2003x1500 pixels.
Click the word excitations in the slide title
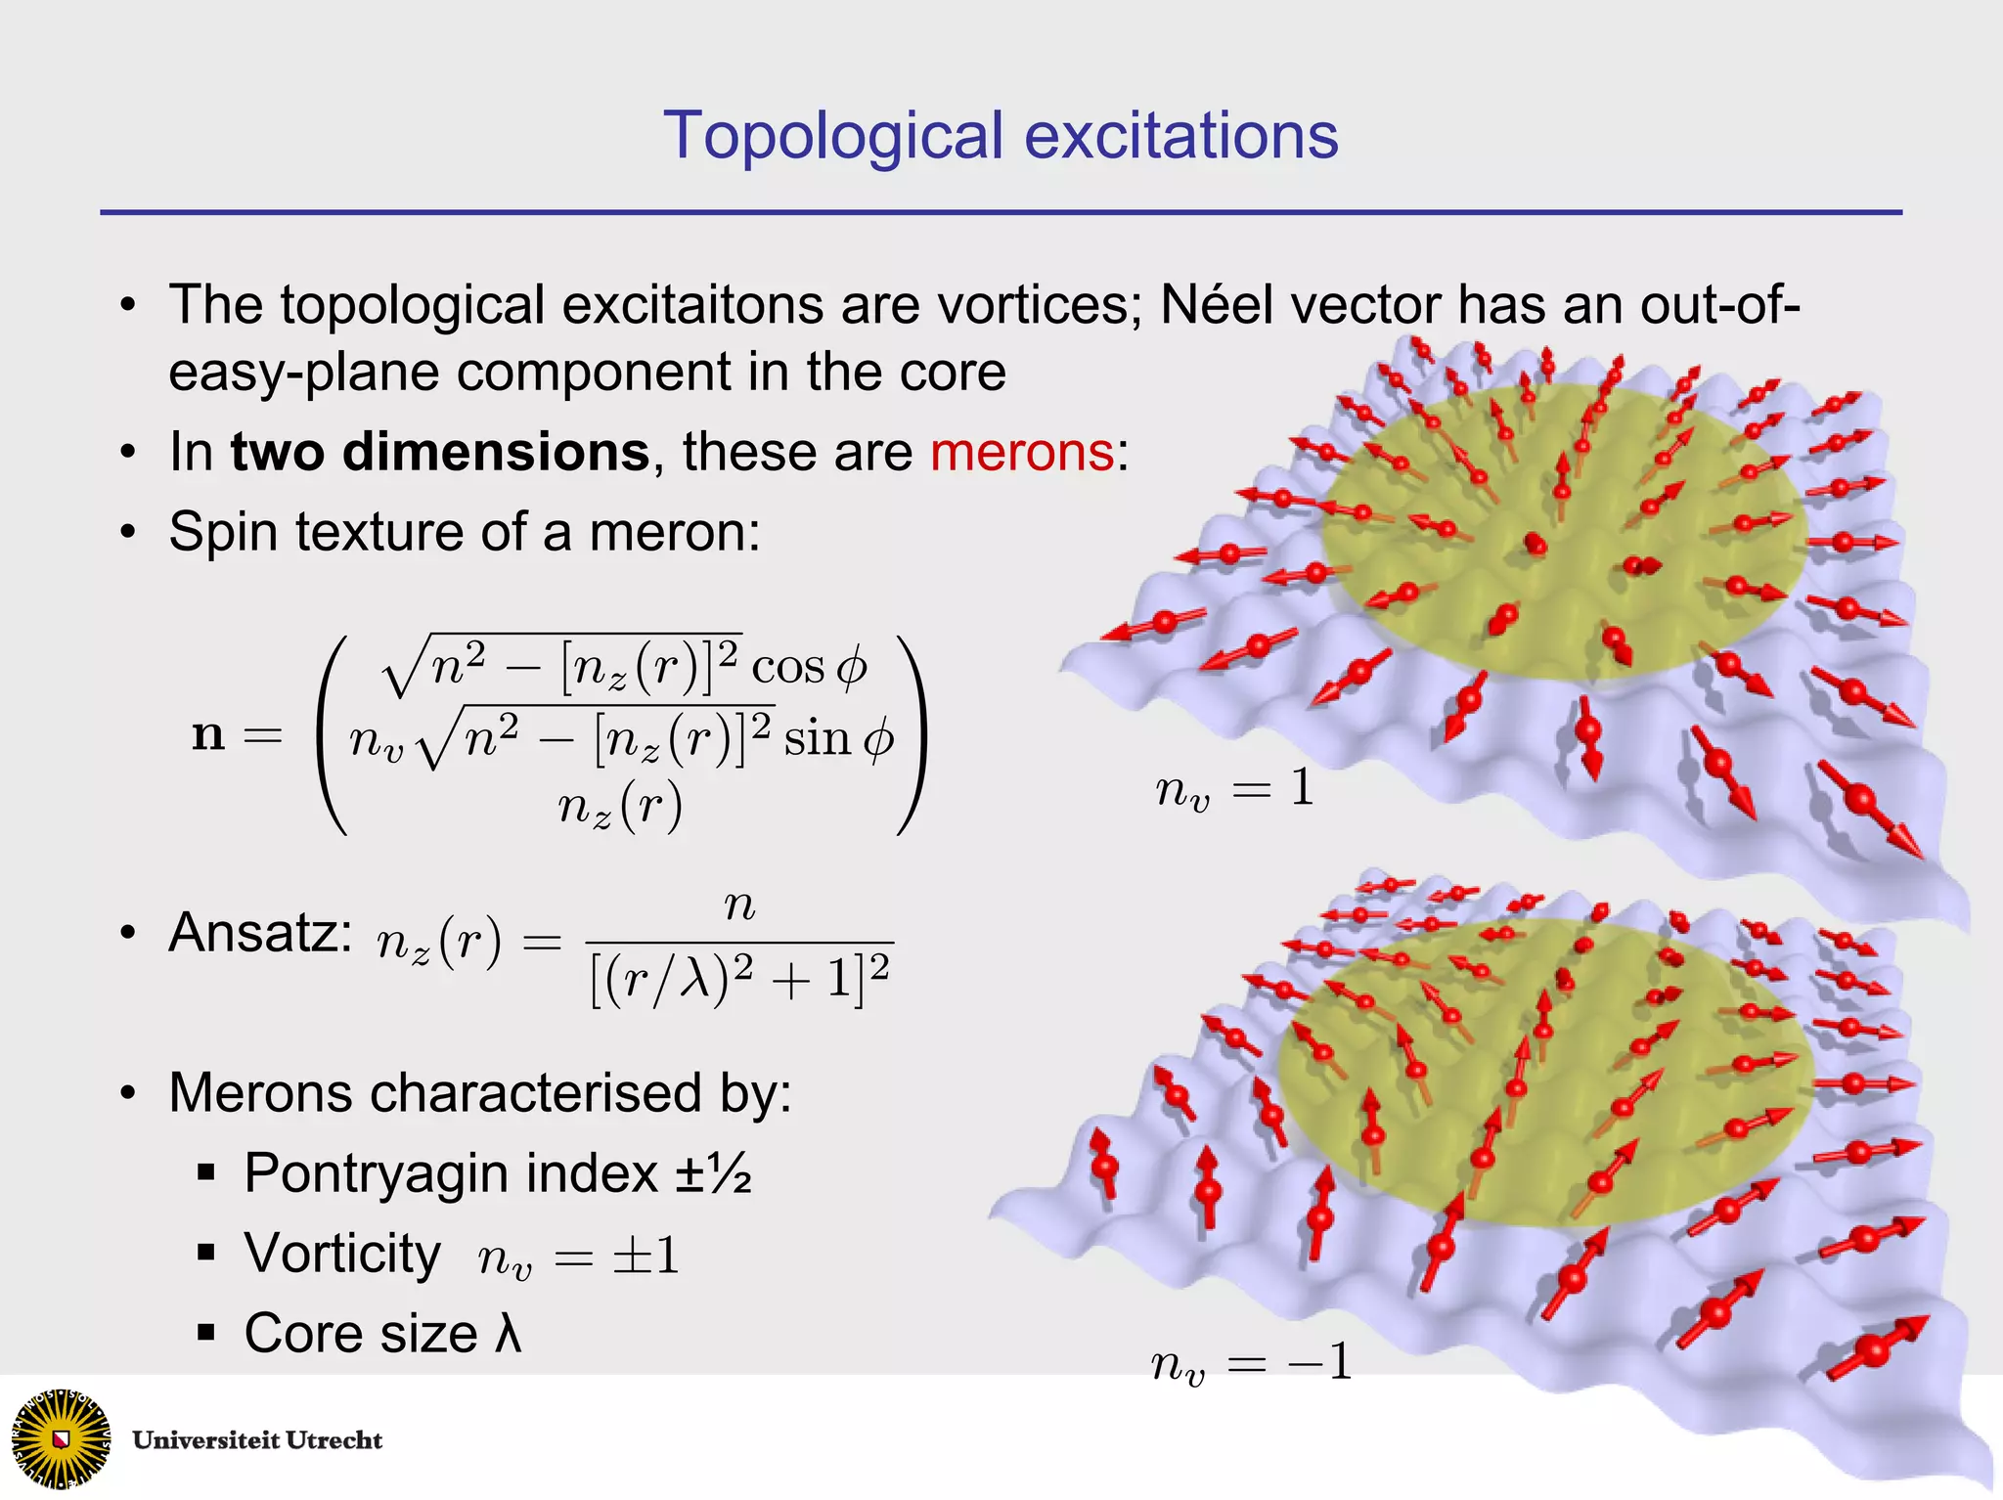1180,136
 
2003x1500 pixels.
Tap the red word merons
1021,452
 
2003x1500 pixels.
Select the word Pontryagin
451,1172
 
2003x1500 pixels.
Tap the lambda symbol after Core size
508,1333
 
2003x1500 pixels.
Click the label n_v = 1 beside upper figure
1234,787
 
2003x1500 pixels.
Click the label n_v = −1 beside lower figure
1252,1362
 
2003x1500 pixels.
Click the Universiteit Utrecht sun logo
61,1438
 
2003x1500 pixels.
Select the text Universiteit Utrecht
257,1440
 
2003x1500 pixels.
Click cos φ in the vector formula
810,667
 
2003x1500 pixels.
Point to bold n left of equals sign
208,733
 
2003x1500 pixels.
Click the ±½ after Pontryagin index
713,1172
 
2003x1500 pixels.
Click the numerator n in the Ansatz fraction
739,906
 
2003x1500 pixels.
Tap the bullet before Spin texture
128,533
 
